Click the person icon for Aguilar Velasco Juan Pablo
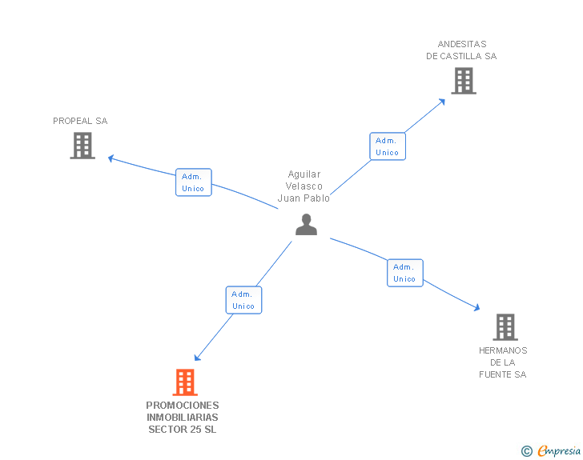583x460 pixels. [x=306, y=225]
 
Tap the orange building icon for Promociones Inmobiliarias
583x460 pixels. [x=185, y=382]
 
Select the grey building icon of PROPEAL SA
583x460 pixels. [x=82, y=146]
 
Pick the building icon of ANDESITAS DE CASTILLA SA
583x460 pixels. [x=463, y=81]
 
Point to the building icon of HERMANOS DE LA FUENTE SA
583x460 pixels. [x=505, y=326]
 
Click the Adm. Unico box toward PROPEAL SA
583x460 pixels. [x=194, y=182]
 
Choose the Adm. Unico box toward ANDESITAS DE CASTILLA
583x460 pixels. [x=388, y=146]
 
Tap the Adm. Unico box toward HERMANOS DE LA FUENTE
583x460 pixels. [x=404, y=273]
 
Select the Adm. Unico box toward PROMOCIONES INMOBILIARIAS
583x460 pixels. [x=243, y=300]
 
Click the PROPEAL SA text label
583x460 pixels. [x=80, y=122]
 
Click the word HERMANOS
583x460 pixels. [x=503, y=350]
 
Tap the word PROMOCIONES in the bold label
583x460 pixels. [x=183, y=406]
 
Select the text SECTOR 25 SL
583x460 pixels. [x=183, y=430]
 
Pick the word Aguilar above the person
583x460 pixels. [x=304, y=174]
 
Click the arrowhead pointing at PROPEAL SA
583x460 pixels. [x=111, y=158]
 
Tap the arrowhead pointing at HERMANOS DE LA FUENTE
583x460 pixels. [x=476, y=308]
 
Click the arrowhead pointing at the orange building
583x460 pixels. [x=197, y=358]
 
